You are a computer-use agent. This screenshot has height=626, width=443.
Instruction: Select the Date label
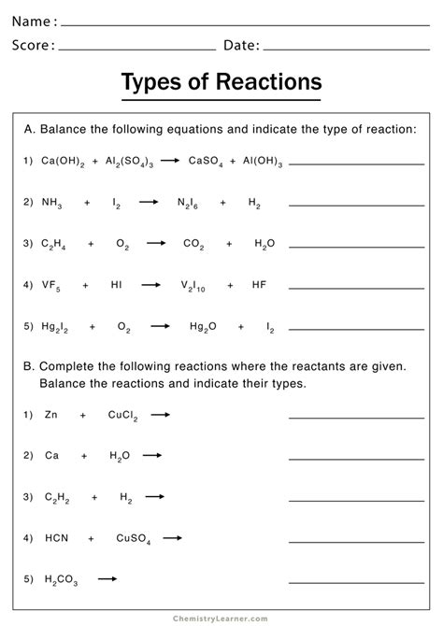(241, 45)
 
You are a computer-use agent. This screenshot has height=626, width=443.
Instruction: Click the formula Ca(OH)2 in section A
(63, 162)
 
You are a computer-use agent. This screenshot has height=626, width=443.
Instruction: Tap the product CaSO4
(206, 162)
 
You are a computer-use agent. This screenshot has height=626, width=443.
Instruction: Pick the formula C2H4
(53, 243)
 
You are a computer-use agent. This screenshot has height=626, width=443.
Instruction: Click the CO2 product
(193, 243)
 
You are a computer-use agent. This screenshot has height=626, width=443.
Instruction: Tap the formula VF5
(51, 284)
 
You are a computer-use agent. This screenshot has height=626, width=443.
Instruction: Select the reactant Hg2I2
(57, 326)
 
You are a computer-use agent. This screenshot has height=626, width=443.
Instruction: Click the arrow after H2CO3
(107, 578)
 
